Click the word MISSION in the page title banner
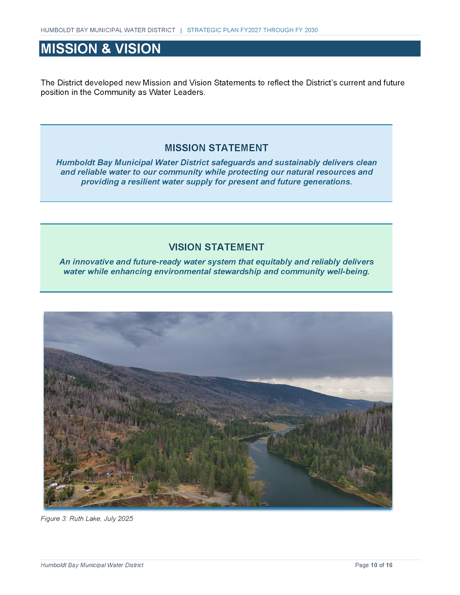tap(69, 48)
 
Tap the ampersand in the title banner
tap(106, 49)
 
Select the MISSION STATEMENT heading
tap(216, 148)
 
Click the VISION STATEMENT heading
tap(216, 247)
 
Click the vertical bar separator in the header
tap(181, 30)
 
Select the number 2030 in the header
tap(311, 30)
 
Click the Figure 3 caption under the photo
tap(87, 519)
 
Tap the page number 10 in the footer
tap(374, 565)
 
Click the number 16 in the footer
tap(389, 565)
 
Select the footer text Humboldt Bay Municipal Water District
tap(92, 565)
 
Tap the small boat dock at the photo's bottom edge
tap(265, 504)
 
